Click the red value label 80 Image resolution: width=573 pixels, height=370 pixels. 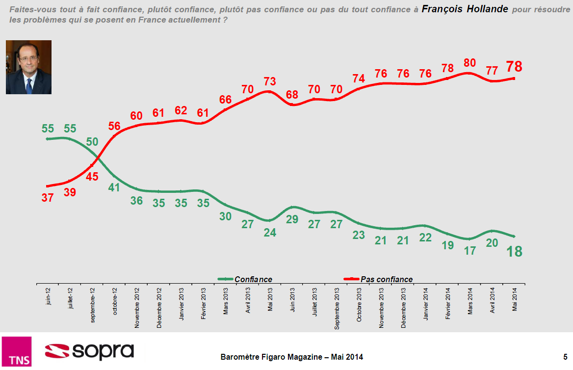point(469,63)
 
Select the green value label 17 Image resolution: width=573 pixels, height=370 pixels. point(470,250)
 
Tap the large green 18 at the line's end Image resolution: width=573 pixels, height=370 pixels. point(515,251)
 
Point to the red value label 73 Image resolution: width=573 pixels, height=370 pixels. point(270,81)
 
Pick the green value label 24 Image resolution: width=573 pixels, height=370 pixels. point(270,233)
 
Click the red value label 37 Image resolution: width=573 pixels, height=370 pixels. point(48,197)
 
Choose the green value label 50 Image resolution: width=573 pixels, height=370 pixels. point(92,142)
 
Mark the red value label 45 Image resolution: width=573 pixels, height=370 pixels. point(92,177)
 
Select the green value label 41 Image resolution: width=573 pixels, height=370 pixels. point(114,187)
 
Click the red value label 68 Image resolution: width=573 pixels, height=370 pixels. point(292,95)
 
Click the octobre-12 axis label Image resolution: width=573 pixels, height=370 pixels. point(114,301)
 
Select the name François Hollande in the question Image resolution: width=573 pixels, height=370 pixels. point(465,9)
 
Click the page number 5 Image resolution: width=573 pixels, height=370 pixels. point(565,357)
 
